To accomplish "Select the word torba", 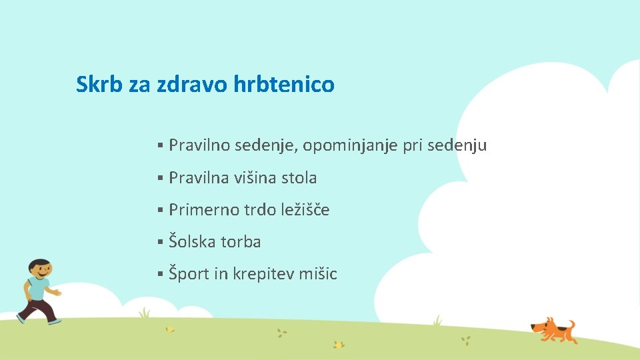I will pyautogui.click(x=241, y=242).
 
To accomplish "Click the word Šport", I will pyautogui.click(x=189, y=274).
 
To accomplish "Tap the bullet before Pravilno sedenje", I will pyautogui.click(x=161, y=146).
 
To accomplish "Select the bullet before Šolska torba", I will pyautogui.click(x=161, y=243).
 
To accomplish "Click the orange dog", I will pyautogui.click(x=553, y=329).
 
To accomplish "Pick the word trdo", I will pyautogui.click(x=259, y=210).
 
